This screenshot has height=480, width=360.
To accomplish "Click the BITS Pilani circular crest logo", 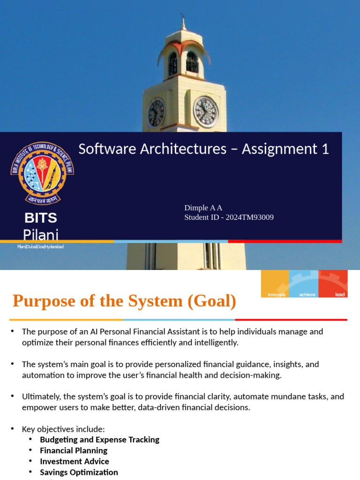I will click(x=42, y=173).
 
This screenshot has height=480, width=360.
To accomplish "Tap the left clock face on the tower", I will click(x=156, y=113).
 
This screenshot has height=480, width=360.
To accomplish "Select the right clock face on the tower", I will click(x=206, y=112).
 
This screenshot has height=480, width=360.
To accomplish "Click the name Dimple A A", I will click(x=203, y=208).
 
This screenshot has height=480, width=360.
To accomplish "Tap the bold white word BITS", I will click(x=41, y=218).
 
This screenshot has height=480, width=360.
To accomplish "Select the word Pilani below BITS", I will click(x=41, y=234).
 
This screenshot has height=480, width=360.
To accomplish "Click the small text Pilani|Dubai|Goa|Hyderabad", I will click(x=40, y=247).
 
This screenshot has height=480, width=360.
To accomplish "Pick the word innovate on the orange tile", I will click(x=277, y=294).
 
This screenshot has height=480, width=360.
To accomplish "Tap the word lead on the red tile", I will click(x=340, y=294).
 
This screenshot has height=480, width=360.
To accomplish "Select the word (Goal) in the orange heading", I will click(x=212, y=301).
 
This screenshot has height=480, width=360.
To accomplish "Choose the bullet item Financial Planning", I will click(x=74, y=450).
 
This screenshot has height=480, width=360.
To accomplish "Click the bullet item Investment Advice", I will click(x=75, y=461).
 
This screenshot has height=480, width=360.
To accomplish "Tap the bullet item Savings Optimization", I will click(x=79, y=472).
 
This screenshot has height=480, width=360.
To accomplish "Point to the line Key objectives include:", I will click(x=63, y=429).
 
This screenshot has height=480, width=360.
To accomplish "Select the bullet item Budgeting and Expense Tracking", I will click(x=99, y=440).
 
